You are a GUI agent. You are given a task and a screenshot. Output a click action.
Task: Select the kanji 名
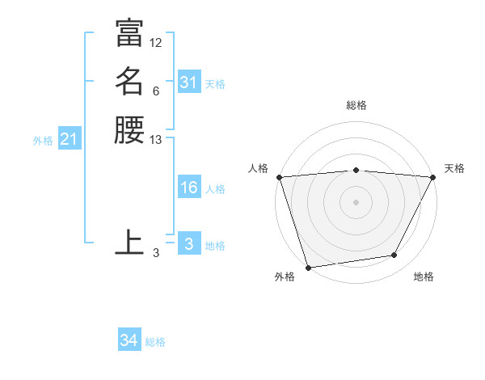[x=129, y=81]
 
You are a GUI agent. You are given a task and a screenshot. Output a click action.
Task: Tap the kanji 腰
[x=129, y=129]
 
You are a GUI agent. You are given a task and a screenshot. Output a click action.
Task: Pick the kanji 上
[x=129, y=242]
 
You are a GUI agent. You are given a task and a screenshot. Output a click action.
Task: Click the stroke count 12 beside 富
[x=156, y=42]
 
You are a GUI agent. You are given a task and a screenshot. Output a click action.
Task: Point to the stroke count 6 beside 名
[x=155, y=91]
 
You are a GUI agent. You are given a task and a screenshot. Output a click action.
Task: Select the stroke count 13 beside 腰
[x=156, y=140]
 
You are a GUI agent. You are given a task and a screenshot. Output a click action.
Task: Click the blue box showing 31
[x=188, y=82]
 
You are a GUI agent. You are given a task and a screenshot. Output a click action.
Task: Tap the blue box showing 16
[x=188, y=188]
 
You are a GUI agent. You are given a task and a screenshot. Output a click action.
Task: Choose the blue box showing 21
[x=70, y=140]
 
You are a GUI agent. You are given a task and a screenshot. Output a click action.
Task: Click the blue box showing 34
[x=129, y=340]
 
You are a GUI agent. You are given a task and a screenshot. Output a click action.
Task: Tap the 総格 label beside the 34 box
[x=155, y=342]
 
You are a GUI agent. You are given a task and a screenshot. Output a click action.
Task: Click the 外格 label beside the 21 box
[x=43, y=141]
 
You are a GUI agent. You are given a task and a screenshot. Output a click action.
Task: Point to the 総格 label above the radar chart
[x=356, y=105]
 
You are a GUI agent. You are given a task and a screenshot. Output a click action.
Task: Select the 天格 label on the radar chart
[x=454, y=168]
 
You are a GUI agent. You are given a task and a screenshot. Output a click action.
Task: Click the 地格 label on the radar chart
[x=424, y=277]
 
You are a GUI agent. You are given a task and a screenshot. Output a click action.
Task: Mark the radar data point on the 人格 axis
[x=279, y=177]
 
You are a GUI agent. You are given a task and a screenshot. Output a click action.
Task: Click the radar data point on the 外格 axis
[x=308, y=267]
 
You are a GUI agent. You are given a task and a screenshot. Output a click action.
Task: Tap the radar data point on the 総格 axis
[x=356, y=170]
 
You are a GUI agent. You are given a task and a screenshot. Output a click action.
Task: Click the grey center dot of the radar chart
[x=356, y=202]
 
